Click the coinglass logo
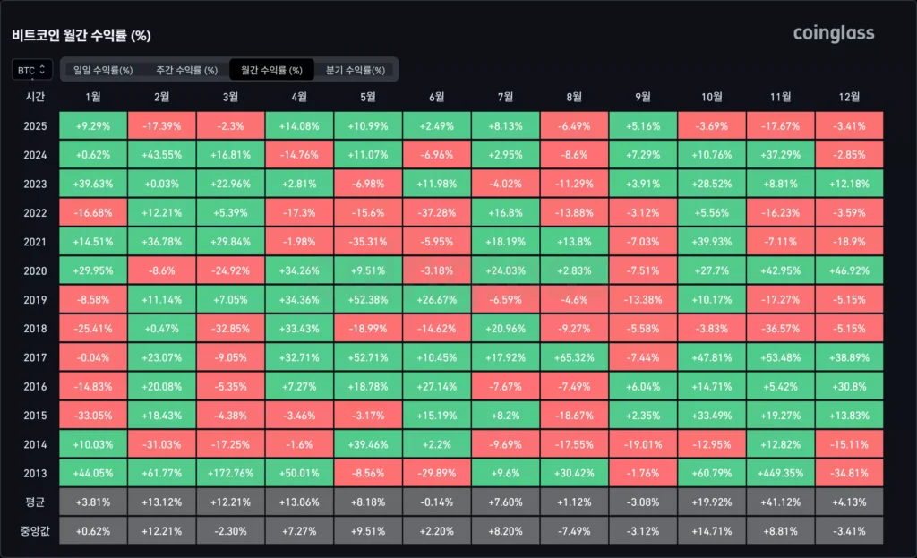[x=833, y=34]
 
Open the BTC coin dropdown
[x=32, y=69]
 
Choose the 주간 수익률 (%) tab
[x=186, y=70]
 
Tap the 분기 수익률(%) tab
[x=356, y=70]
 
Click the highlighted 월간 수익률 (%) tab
[x=271, y=70]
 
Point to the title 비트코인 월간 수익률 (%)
[x=81, y=36]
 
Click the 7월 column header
[x=505, y=97]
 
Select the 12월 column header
[x=849, y=97]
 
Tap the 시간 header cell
[x=36, y=97]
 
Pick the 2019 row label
[x=36, y=300]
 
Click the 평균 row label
[x=36, y=502]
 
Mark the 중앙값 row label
[x=36, y=530]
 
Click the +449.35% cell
[x=780, y=473]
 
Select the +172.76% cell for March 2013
[x=230, y=473]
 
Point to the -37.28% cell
[x=436, y=213]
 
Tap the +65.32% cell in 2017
[x=574, y=357]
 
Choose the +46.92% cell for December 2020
[x=849, y=270]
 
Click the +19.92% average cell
[x=711, y=502]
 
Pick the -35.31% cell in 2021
[x=367, y=242]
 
